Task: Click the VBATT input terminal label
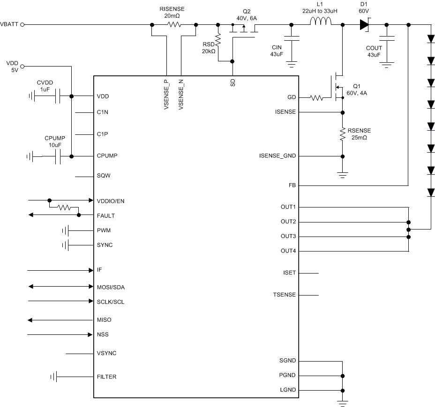click(x=9, y=24)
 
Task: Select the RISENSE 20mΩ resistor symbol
click(x=174, y=24)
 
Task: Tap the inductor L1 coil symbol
click(x=321, y=22)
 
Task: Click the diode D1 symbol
click(x=365, y=24)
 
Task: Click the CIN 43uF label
click(x=277, y=51)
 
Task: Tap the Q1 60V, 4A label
click(x=357, y=89)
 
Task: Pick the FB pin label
click(x=292, y=185)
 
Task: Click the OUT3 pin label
click(x=288, y=237)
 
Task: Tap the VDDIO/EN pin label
click(x=110, y=201)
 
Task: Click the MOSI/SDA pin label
click(x=110, y=287)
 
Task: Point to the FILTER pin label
click(x=106, y=377)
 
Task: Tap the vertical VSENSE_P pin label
click(x=166, y=93)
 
